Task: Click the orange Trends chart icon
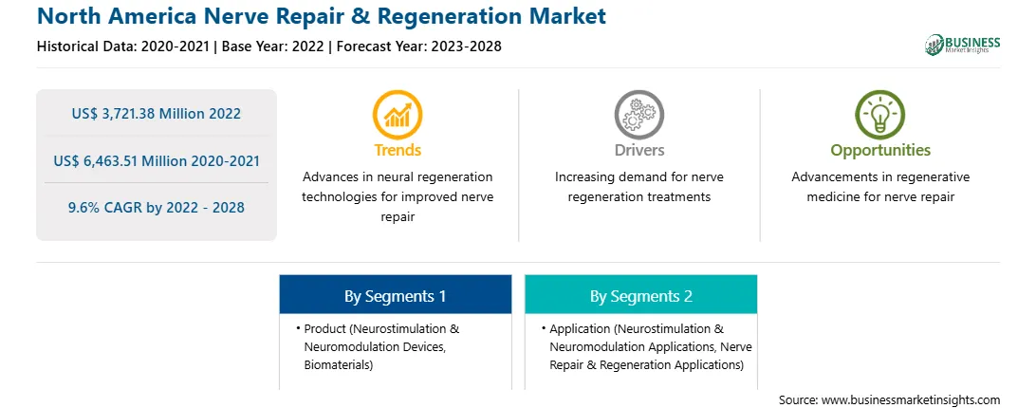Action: pos(398,114)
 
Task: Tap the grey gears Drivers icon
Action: pos(638,114)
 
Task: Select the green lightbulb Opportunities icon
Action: pos(880,114)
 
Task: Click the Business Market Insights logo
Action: pos(963,45)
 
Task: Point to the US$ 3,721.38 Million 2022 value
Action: pos(156,114)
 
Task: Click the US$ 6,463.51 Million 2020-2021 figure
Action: pos(156,160)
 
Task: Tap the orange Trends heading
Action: pos(398,150)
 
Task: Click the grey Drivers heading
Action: pos(638,150)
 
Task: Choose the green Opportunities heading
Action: pos(880,150)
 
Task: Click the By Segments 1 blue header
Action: pos(395,296)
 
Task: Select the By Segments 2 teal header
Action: pos(641,296)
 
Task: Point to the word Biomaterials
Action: pos(336,365)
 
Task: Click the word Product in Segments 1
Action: pos(324,328)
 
